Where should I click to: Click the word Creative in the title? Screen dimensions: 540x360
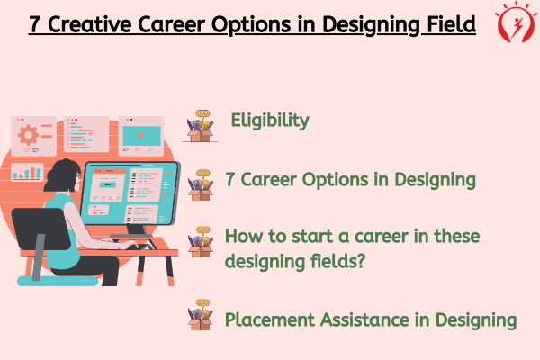pyautogui.click(x=89, y=24)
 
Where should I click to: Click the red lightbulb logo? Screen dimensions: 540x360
pyautogui.click(x=516, y=22)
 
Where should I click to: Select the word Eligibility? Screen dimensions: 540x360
pyautogui.click(x=270, y=121)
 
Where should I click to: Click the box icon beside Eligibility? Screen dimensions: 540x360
pyautogui.click(x=200, y=126)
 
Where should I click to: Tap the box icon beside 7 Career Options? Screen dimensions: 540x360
pyautogui.click(x=201, y=185)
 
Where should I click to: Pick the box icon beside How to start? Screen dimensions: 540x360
pyautogui.click(x=201, y=242)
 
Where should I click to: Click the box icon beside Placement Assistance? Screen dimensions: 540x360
pyautogui.click(x=201, y=315)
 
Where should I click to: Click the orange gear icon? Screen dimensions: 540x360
pyautogui.click(x=28, y=135)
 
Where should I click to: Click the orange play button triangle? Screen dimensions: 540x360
pyautogui.click(x=141, y=136)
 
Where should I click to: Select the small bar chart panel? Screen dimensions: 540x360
pyautogui.click(x=27, y=172)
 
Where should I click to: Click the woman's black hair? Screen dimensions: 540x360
pyautogui.click(x=62, y=175)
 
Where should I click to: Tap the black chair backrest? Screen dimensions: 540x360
pyautogui.click(x=40, y=229)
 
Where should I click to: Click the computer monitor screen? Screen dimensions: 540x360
pyautogui.click(x=130, y=193)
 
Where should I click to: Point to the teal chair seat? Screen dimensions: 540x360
pyautogui.click(x=58, y=281)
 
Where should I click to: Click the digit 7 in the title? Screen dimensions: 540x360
pyautogui.click(x=35, y=24)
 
